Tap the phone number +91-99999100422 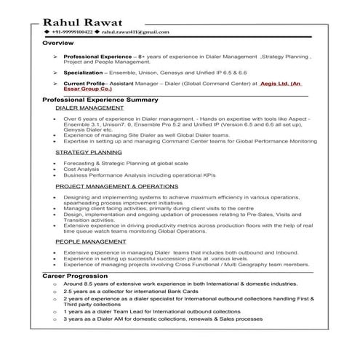(x=72, y=33)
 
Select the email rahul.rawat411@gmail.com (x=135, y=33)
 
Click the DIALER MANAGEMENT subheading (x=89, y=107)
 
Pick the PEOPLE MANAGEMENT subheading (x=91, y=240)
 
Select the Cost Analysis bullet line (x=83, y=169)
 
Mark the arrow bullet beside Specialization (x=55, y=73)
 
